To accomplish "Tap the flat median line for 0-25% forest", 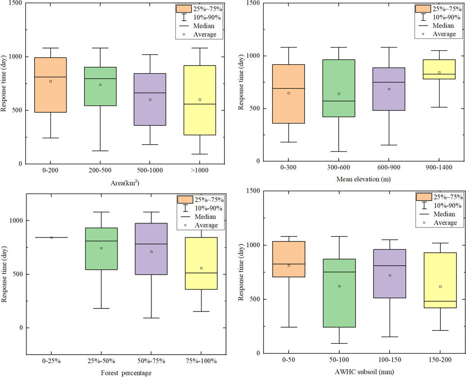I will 51,237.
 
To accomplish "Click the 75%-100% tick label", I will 202,360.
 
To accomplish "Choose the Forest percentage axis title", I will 126,373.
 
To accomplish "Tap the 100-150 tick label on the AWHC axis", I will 389,361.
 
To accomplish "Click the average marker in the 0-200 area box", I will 51,81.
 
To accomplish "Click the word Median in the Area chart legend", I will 204,26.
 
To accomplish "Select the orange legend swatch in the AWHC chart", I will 423,197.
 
